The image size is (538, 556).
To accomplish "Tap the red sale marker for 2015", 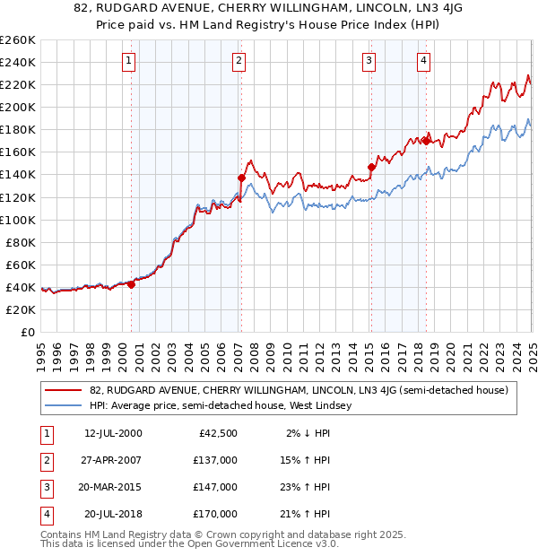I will [371, 167].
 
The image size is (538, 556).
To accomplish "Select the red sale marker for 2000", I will [131, 284].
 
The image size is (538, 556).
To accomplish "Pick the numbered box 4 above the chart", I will [422, 61].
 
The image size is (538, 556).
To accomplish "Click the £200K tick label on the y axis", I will [18, 107].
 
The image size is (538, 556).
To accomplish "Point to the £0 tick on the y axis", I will [28, 332].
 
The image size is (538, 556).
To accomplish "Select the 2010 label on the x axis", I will [286, 350].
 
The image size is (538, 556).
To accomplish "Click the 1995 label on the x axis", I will [40, 350].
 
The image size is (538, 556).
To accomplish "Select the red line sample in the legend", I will [63, 390].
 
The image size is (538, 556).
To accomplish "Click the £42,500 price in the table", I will [219, 433].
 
